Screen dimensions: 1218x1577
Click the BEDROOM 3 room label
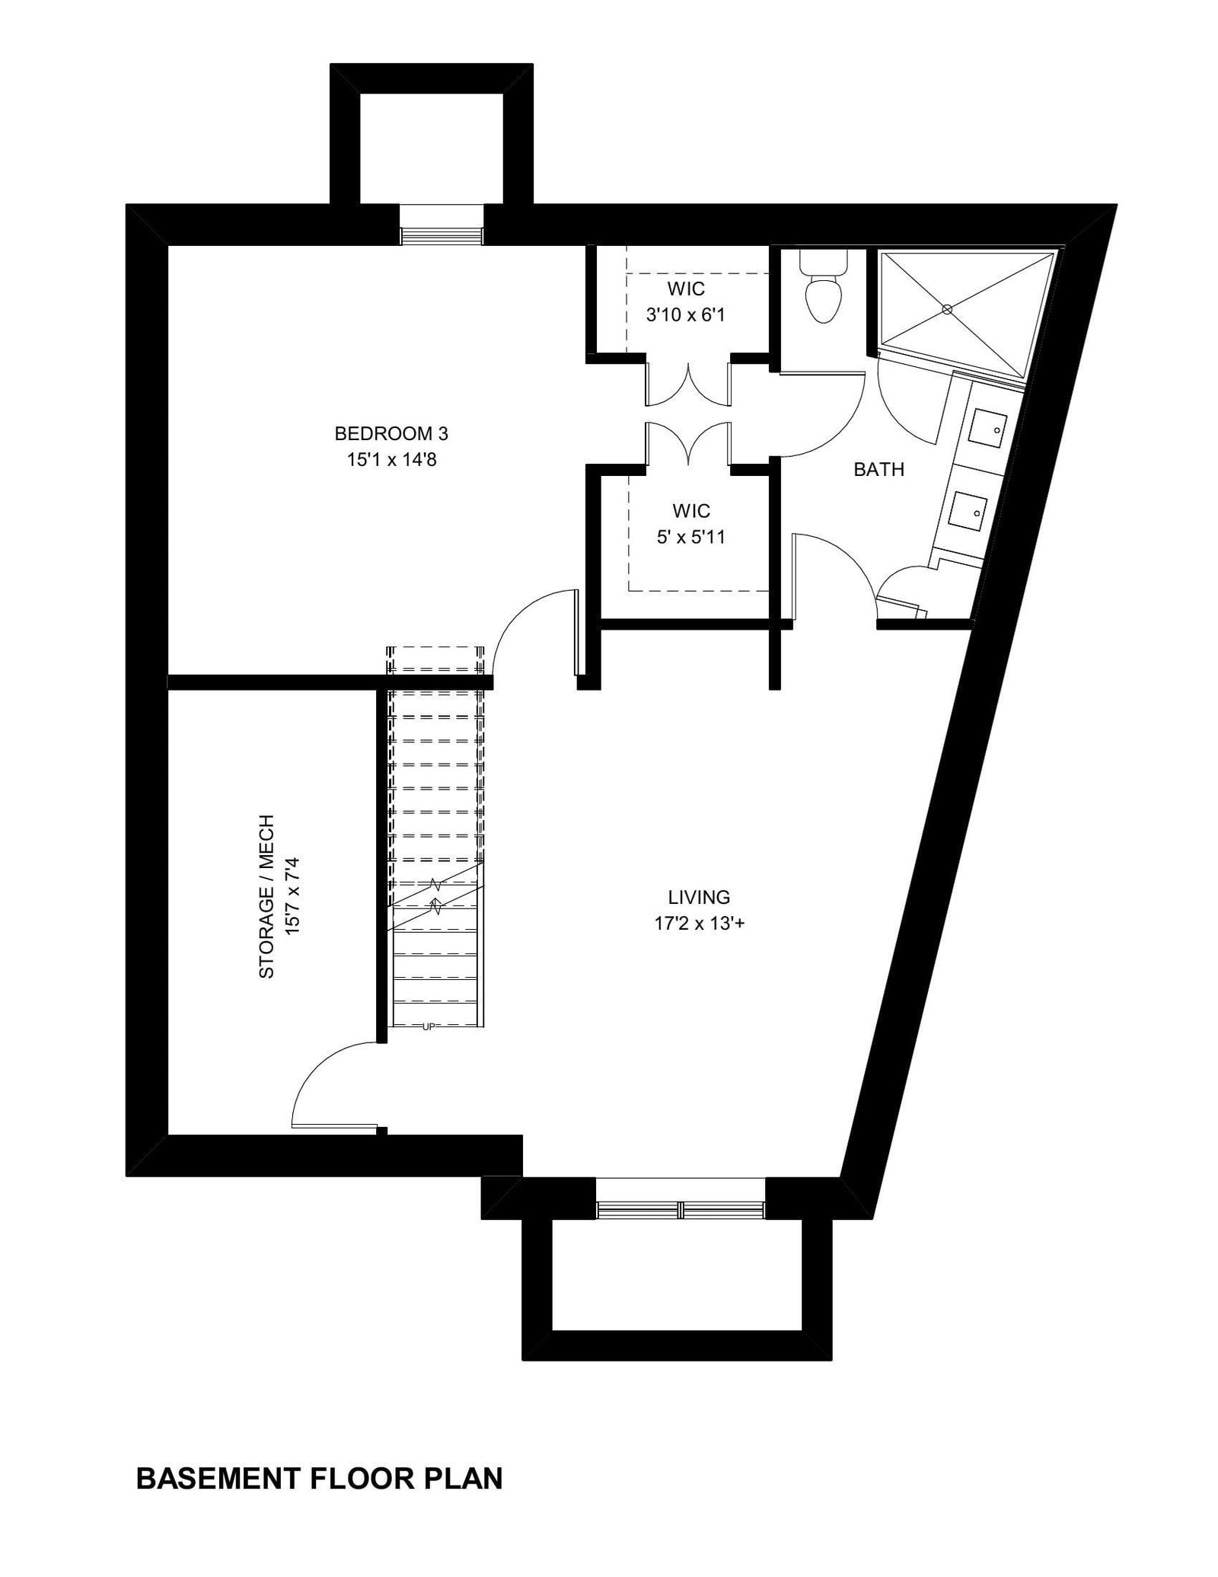click(391, 434)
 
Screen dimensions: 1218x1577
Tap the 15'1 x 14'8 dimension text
click(391, 460)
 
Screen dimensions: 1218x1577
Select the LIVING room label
click(699, 897)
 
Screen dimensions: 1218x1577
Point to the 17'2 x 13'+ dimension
click(699, 923)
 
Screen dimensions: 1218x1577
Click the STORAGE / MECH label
click(266, 897)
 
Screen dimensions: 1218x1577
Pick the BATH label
click(879, 470)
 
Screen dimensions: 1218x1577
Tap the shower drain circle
click(947, 309)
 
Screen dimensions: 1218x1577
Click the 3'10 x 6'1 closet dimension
click(685, 314)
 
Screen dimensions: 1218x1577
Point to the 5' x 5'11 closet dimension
click(691, 537)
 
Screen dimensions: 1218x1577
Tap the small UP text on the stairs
click(428, 1027)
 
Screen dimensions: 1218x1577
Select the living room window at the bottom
click(680, 1209)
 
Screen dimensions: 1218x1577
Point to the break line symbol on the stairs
click(435, 895)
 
